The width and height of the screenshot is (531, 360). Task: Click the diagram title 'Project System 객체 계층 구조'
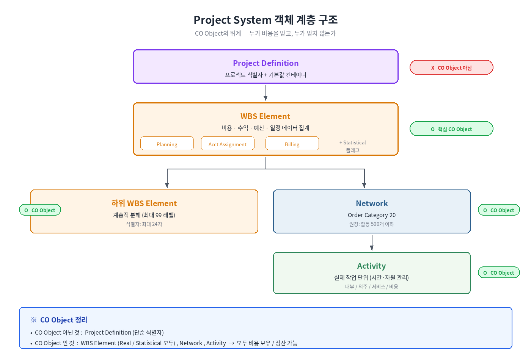click(x=265, y=20)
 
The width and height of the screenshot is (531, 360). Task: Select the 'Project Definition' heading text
click(x=265, y=63)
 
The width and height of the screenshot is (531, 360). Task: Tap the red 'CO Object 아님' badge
click(x=451, y=67)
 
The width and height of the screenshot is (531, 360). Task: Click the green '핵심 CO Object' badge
click(x=451, y=129)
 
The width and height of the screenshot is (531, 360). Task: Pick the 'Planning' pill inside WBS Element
click(x=167, y=143)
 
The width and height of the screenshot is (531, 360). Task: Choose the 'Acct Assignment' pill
click(x=228, y=143)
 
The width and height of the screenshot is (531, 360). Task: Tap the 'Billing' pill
click(x=292, y=143)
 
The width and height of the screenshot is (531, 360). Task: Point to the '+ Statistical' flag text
click(x=352, y=142)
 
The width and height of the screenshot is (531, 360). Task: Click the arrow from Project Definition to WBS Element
click(x=265, y=93)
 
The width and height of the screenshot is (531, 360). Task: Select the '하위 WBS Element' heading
click(x=144, y=203)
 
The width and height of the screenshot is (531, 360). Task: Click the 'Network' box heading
click(x=372, y=203)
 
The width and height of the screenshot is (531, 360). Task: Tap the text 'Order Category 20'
click(x=372, y=215)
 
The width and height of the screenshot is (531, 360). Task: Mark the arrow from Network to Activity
click(x=372, y=243)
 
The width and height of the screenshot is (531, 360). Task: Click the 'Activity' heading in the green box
click(x=371, y=266)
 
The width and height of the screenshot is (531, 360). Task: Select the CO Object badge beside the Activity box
click(x=499, y=272)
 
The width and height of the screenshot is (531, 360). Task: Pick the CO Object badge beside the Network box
click(x=499, y=210)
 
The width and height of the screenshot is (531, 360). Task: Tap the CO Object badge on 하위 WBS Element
click(x=40, y=210)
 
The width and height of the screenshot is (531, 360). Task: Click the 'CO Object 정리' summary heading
click(x=64, y=320)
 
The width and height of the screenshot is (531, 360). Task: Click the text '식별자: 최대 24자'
click(x=144, y=224)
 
